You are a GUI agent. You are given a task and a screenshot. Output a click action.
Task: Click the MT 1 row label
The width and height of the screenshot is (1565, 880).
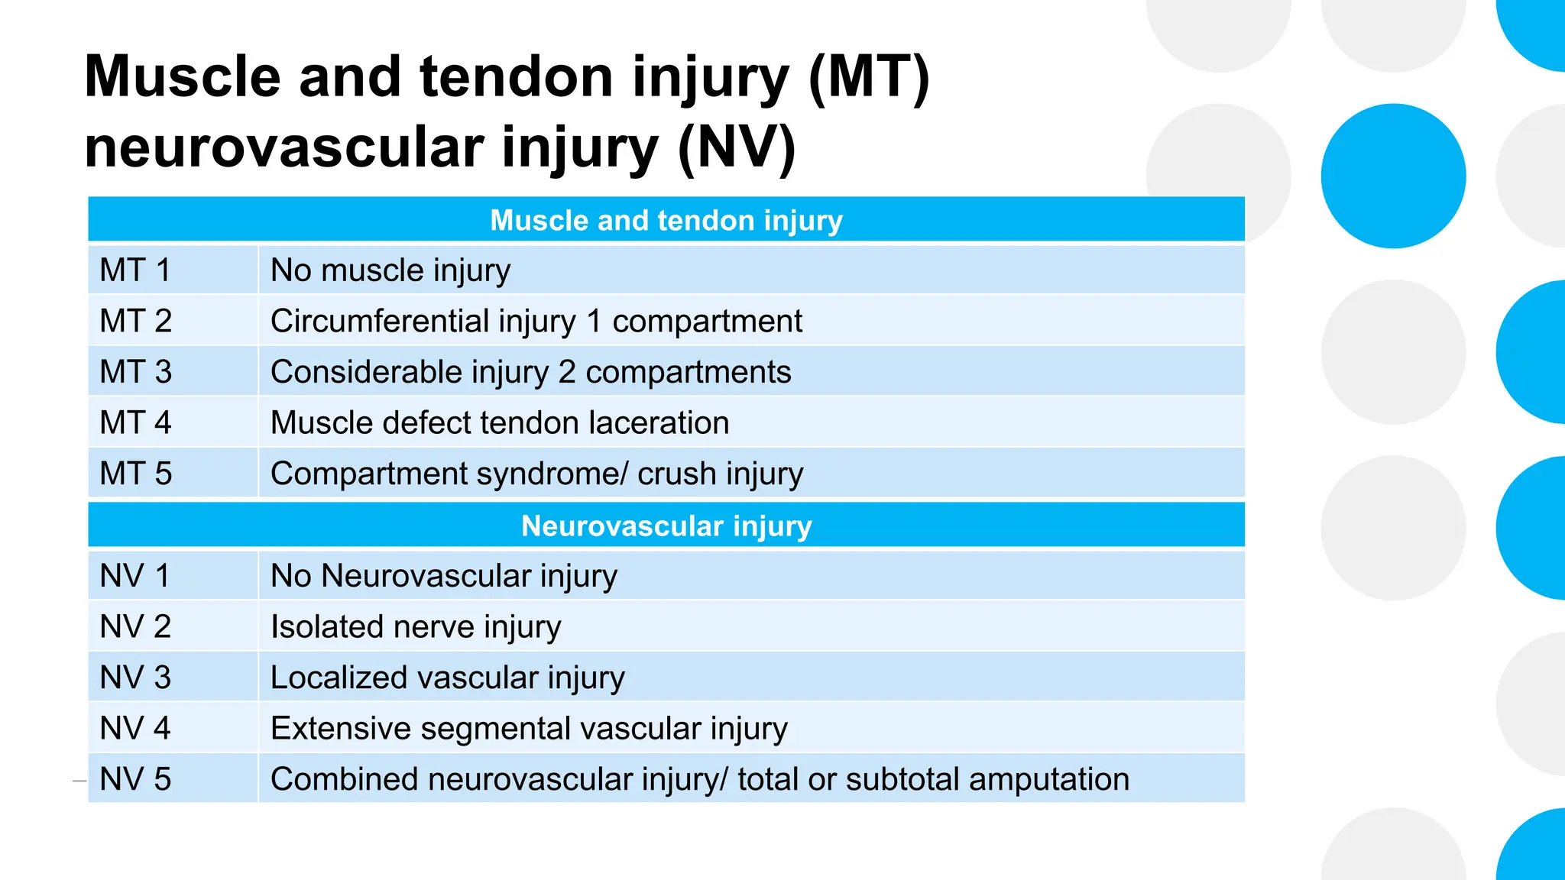135,270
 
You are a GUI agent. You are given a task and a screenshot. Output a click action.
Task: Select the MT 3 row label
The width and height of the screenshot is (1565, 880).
136,372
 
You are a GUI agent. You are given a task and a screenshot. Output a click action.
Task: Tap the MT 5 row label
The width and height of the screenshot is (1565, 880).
136,474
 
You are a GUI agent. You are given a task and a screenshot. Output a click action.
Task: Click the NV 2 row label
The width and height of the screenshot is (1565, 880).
135,626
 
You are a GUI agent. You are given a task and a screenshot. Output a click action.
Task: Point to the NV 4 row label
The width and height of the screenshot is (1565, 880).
135,728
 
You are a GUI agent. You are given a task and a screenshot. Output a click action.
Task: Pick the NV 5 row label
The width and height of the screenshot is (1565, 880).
135,779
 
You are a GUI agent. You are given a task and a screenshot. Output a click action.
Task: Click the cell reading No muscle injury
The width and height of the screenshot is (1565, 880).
390,270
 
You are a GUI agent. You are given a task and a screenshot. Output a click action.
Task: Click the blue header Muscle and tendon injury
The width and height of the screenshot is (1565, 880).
666,220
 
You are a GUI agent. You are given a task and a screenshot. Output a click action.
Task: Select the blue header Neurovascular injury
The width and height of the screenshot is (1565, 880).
666,526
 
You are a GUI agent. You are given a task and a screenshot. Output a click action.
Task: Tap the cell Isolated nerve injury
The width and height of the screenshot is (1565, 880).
416,626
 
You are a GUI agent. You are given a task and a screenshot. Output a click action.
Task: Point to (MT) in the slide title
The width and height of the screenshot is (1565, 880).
868,77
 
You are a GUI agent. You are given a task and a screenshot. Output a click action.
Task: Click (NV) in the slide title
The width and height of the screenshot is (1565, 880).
737,147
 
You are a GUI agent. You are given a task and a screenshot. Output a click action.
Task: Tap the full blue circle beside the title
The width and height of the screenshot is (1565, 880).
1393,176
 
